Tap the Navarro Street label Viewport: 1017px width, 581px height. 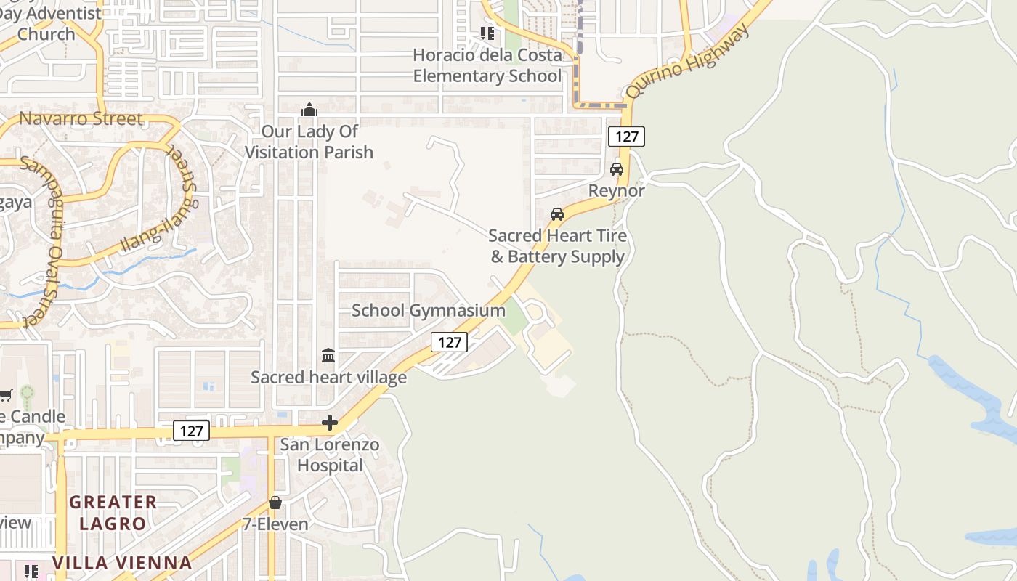[x=81, y=118]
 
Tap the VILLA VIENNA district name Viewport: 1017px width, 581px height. [x=122, y=563]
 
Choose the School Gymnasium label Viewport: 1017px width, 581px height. [x=429, y=310]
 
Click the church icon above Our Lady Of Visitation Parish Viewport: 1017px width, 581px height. [x=309, y=110]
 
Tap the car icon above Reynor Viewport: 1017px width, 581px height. [x=617, y=169]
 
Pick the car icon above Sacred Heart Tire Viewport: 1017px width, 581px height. [x=557, y=214]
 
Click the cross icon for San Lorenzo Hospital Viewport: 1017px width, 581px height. [x=330, y=423]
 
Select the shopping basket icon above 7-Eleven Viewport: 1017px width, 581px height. [x=275, y=503]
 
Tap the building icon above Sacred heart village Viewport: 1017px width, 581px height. [x=328, y=356]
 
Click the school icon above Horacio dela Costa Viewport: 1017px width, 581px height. [x=487, y=33]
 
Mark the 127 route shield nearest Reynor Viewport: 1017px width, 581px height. [x=626, y=136]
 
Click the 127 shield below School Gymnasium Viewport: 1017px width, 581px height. [x=449, y=342]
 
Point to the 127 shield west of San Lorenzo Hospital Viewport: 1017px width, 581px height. [x=192, y=431]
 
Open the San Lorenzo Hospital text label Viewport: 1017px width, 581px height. [x=330, y=455]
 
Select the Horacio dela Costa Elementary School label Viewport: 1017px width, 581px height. [x=487, y=65]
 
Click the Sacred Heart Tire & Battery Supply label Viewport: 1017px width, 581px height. [x=557, y=246]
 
